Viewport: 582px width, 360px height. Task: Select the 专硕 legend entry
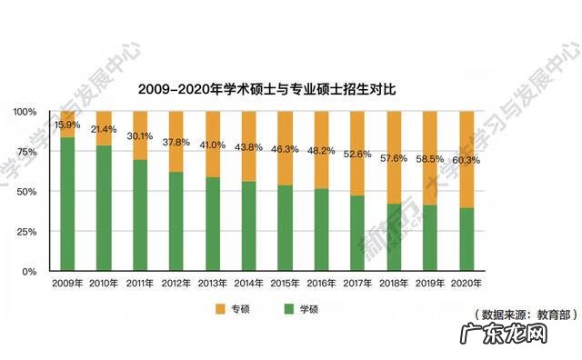tap(232, 310)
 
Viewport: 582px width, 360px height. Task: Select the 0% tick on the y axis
tap(29, 272)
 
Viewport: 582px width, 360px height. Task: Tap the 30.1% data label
tap(138, 136)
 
